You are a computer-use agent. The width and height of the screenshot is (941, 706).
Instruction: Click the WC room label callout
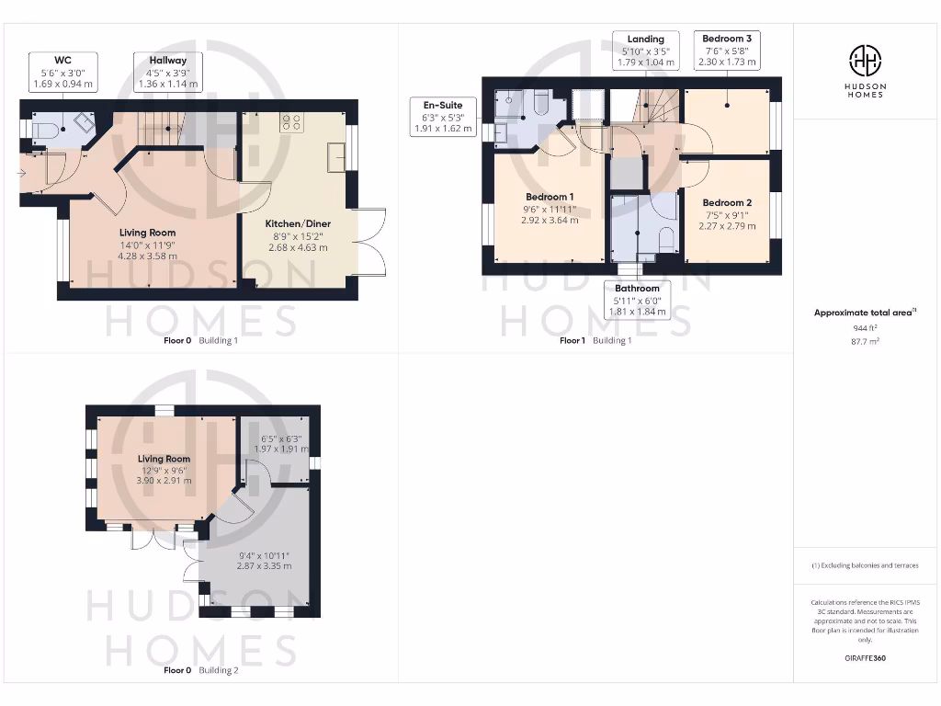tap(63, 72)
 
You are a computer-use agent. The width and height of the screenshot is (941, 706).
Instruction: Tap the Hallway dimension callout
tap(167, 72)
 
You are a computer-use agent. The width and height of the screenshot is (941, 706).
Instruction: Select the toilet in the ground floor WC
tap(43, 131)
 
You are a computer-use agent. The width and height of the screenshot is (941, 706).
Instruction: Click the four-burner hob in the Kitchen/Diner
tap(292, 122)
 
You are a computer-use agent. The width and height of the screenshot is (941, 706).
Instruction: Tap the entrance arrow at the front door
tap(22, 172)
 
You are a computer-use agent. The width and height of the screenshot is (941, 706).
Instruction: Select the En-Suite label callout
tap(443, 118)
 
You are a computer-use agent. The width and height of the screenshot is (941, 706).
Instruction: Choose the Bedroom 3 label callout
tap(727, 51)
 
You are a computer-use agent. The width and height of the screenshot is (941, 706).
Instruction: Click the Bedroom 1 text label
tap(550, 197)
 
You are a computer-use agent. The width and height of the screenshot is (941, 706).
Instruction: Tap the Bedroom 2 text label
tap(727, 202)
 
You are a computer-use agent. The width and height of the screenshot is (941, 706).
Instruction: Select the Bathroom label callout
tap(637, 300)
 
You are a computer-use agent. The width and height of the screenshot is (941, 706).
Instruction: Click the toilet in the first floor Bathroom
tap(666, 241)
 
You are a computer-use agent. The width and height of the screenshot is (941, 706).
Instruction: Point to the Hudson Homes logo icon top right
tap(864, 61)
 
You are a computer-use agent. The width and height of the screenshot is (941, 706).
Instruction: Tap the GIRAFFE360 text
tap(864, 658)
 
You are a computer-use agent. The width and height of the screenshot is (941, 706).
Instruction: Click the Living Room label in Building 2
tap(164, 459)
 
